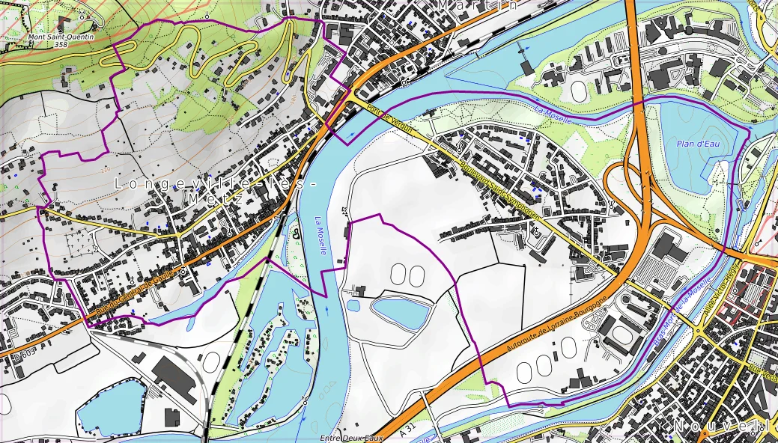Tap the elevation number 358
pyautogui.click(x=61, y=45)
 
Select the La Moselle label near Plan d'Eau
pyautogui.click(x=553, y=116)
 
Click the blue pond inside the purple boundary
pyautogui.click(x=401, y=311)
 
